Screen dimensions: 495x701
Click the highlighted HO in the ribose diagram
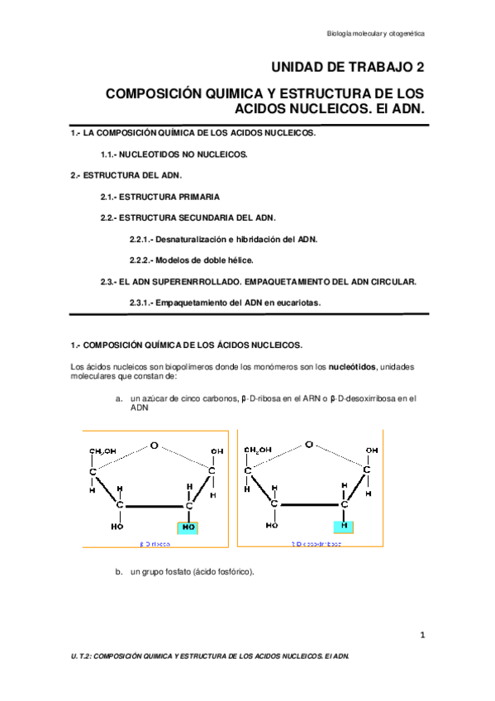tap(189, 526)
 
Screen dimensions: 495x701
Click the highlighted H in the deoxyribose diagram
tap(344, 526)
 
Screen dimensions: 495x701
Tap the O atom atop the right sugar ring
tap(308, 444)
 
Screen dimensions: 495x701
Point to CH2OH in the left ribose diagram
tap(103, 451)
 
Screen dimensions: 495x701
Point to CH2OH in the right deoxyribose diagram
tap(258, 450)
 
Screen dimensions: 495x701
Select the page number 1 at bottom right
tap(421, 635)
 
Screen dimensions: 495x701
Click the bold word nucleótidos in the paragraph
tap(354, 366)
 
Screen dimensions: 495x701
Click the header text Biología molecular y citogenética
tap(375, 34)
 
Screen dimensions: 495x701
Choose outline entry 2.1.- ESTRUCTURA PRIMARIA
tap(160, 197)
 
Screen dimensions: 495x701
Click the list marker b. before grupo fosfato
tap(119, 571)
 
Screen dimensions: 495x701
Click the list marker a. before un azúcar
tap(119, 398)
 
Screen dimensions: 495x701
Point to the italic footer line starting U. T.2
tap(210, 656)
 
